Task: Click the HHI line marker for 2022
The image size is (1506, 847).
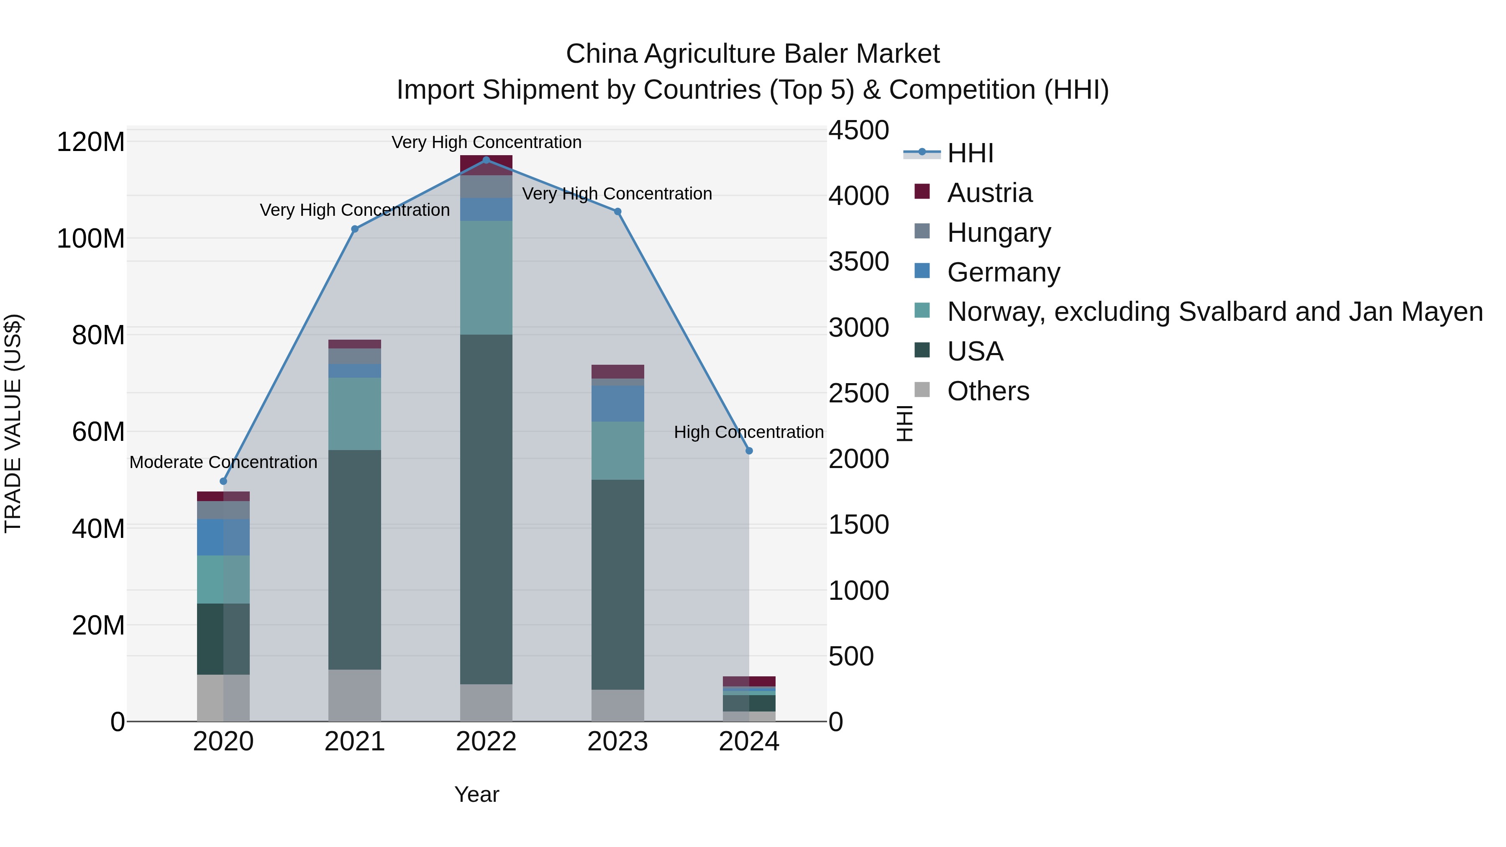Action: coord(486,160)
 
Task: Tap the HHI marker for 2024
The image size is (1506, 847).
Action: coord(749,450)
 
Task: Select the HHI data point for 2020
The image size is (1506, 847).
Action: coord(223,481)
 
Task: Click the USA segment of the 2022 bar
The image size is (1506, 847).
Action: coord(486,509)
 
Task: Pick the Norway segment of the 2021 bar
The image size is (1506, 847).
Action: coord(354,413)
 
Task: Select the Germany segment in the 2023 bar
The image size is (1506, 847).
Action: coord(617,403)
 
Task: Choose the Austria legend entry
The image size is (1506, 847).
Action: coord(989,193)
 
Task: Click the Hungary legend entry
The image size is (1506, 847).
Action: coord(999,233)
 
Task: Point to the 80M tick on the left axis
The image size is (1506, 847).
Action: coord(97,335)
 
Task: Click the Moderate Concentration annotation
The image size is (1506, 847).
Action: coord(223,462)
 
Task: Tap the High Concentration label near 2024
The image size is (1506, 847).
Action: coord(748,432)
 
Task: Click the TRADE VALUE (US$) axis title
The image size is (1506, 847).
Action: coord(13,423)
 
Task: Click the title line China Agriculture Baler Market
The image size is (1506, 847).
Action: coord(753,54)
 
